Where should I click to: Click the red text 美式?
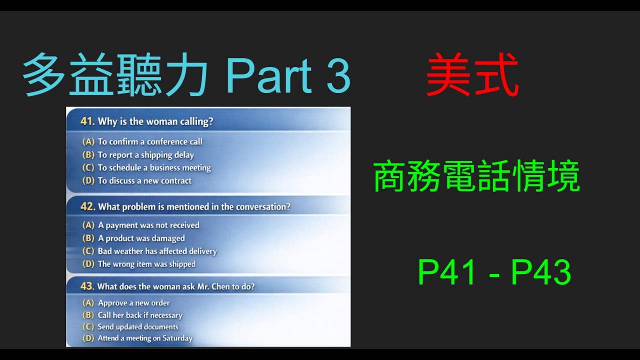[472, 76]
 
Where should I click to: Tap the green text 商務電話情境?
[476, 177]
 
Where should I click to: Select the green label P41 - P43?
[494, 273]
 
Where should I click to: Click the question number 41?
[88, 121]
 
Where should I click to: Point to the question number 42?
[88, 206]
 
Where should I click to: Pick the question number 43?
[87, 286]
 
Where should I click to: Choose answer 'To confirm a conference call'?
[150, 142]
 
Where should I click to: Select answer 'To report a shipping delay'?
[145, 155]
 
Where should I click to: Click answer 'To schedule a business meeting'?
[154, 168]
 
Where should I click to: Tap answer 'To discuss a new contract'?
[144, 181]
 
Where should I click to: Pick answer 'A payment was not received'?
[148, 225]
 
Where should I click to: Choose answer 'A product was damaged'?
[141, 238]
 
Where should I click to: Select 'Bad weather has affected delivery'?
[157, 251]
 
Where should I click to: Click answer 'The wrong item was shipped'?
[146, 264]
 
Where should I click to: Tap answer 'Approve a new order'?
[133, 303]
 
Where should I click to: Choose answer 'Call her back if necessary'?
[140, 315]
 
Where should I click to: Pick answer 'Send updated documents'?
[138, 327]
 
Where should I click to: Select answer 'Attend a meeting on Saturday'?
[145, 338]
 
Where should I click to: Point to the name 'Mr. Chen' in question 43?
[211, 286]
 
